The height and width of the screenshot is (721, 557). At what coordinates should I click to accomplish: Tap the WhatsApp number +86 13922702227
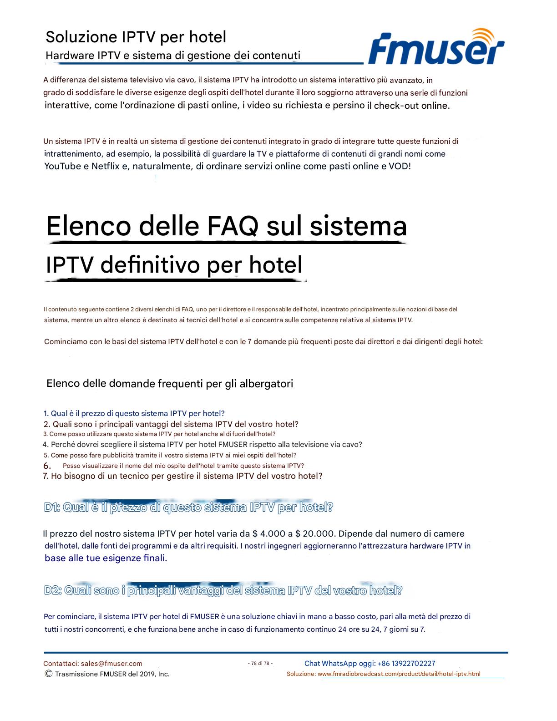(406, 664)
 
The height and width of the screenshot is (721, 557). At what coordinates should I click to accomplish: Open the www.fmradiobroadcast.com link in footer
(399, 674)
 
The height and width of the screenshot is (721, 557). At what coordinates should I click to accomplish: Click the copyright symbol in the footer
(48, 674)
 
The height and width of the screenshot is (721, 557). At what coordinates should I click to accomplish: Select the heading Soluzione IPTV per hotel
(136, 37)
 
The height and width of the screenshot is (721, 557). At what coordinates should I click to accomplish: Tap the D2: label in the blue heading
(53, 591)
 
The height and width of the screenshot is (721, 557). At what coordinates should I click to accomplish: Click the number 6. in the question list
(47, 466)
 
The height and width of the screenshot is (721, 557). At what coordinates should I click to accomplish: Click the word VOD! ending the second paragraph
(400, 166)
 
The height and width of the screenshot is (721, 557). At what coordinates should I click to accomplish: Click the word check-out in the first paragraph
(394, 106)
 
